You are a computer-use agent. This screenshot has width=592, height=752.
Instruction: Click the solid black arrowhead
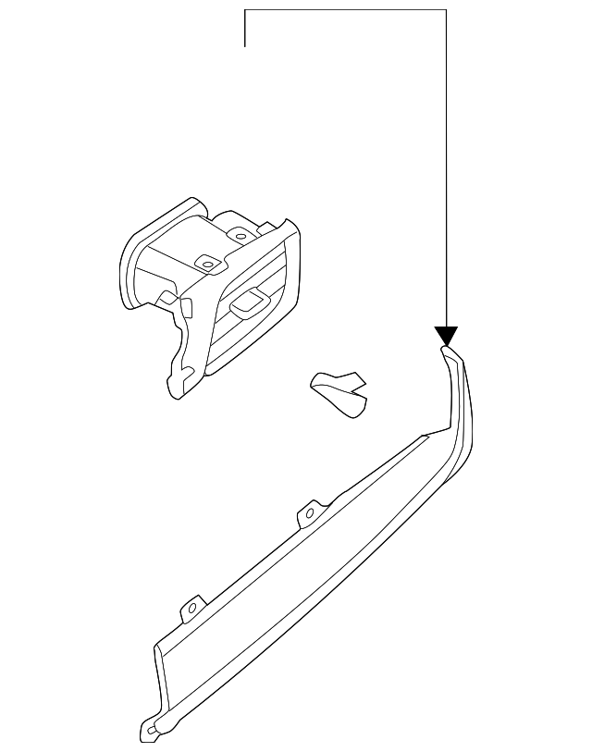pos(446,335)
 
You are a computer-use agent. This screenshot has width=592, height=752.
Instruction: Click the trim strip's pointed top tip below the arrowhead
pos(445,350)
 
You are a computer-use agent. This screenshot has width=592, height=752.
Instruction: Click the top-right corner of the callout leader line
pos(446,10)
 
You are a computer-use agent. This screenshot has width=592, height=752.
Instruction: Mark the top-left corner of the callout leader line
pos(245,10)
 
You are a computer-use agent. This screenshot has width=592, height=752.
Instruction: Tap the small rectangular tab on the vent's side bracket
pos(185,304)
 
